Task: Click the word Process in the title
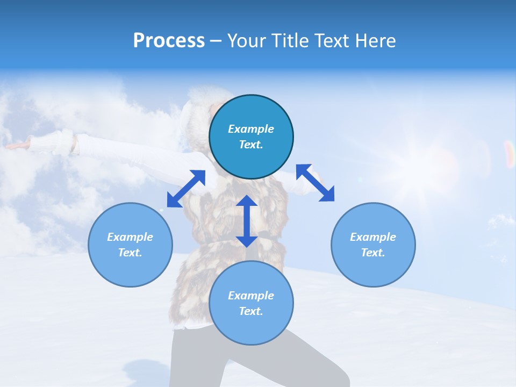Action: point(169,41)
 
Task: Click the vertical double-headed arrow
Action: point(247,221)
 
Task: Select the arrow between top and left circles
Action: point(186,189)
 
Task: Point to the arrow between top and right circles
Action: point(316,183)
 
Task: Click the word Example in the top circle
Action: point(251,129)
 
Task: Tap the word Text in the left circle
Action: point(130,253)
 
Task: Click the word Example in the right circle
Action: point(373,237)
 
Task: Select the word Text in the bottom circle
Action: point(251,311)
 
